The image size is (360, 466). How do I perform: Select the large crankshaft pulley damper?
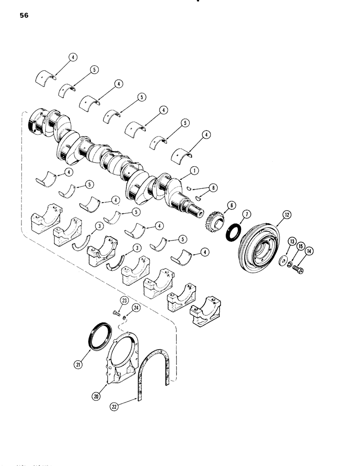coord(257,252)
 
